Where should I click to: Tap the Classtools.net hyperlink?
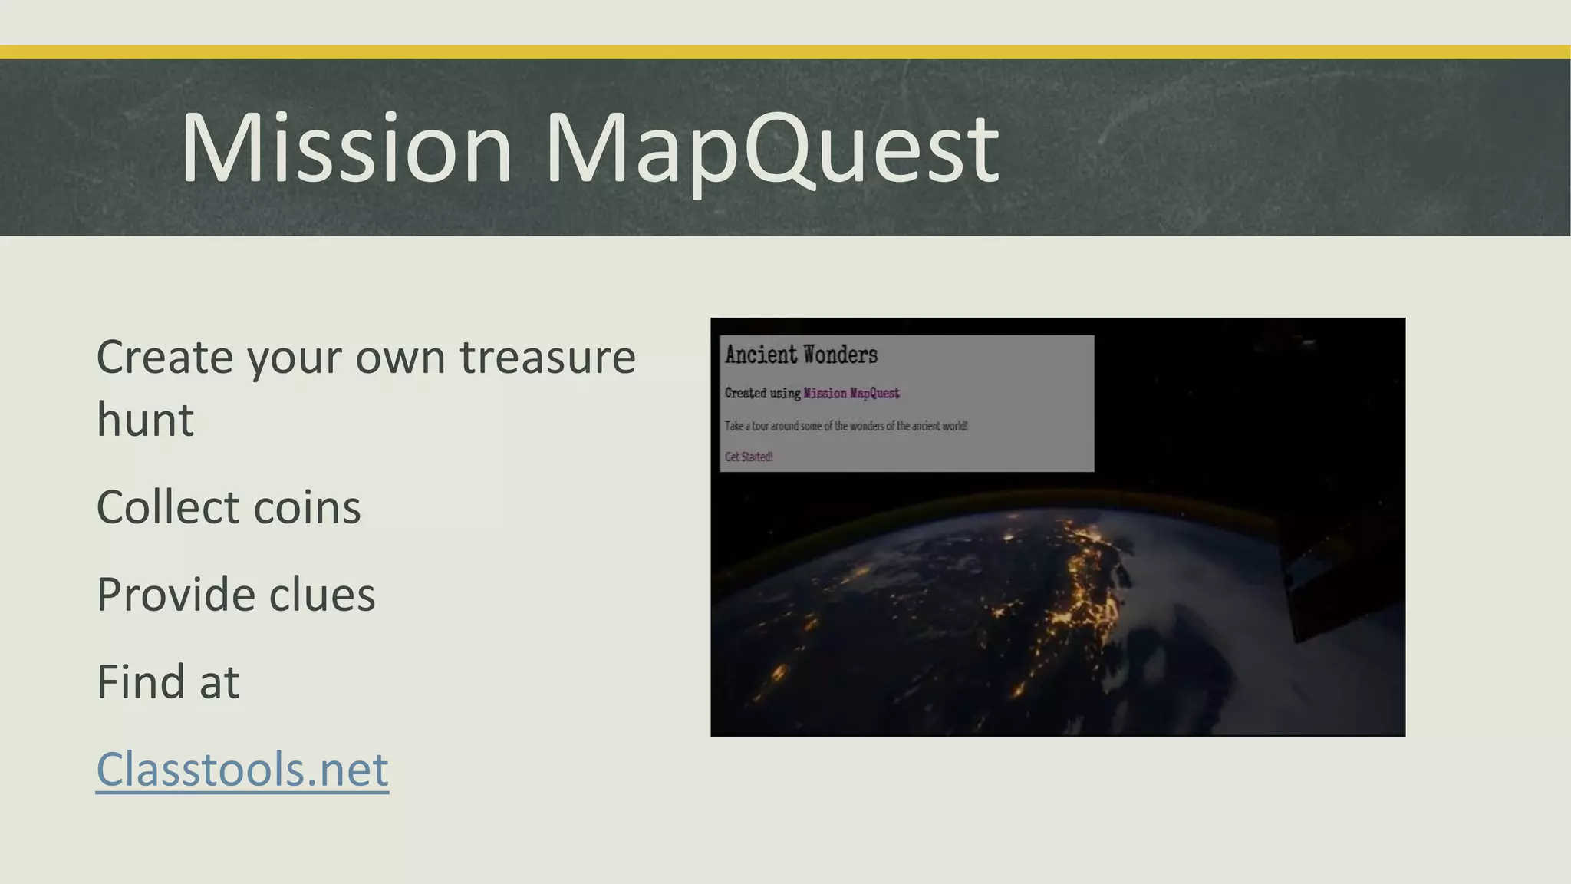point(242,769)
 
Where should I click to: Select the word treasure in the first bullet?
point(547,358)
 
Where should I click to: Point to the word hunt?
point(145,420)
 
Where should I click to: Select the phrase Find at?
point(168,681)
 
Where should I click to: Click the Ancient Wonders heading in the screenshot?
point(801,355)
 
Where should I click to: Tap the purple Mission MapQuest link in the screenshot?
point(851,393)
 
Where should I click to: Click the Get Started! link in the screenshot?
point(749,457)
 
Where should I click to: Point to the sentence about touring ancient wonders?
point(846,426)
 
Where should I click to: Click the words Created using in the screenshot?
point(762,393)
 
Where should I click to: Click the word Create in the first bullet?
point(164,358)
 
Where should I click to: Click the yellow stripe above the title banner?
point(785,52)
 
